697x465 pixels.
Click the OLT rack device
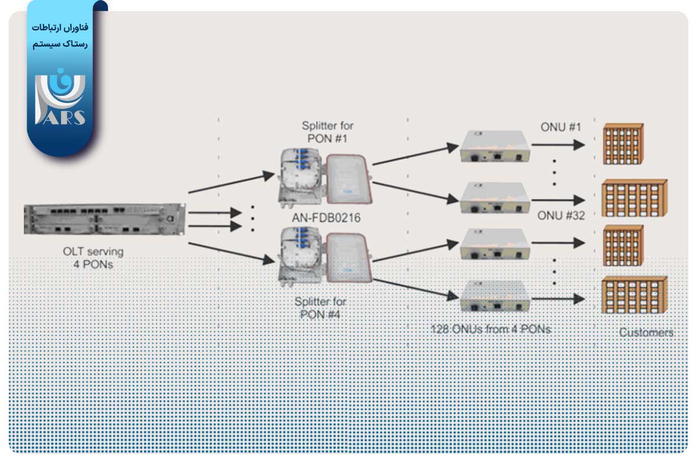pos(103,219)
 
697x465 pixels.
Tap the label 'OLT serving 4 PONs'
pos(93,257)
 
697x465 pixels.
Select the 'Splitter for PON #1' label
pos(327,131)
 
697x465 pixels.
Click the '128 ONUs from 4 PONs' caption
pos(491,329)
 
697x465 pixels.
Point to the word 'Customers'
pos(646,333)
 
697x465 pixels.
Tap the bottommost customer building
pos(633,295)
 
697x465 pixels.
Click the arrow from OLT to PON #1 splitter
pos(231,182)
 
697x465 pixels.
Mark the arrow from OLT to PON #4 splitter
pos(231,255)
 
